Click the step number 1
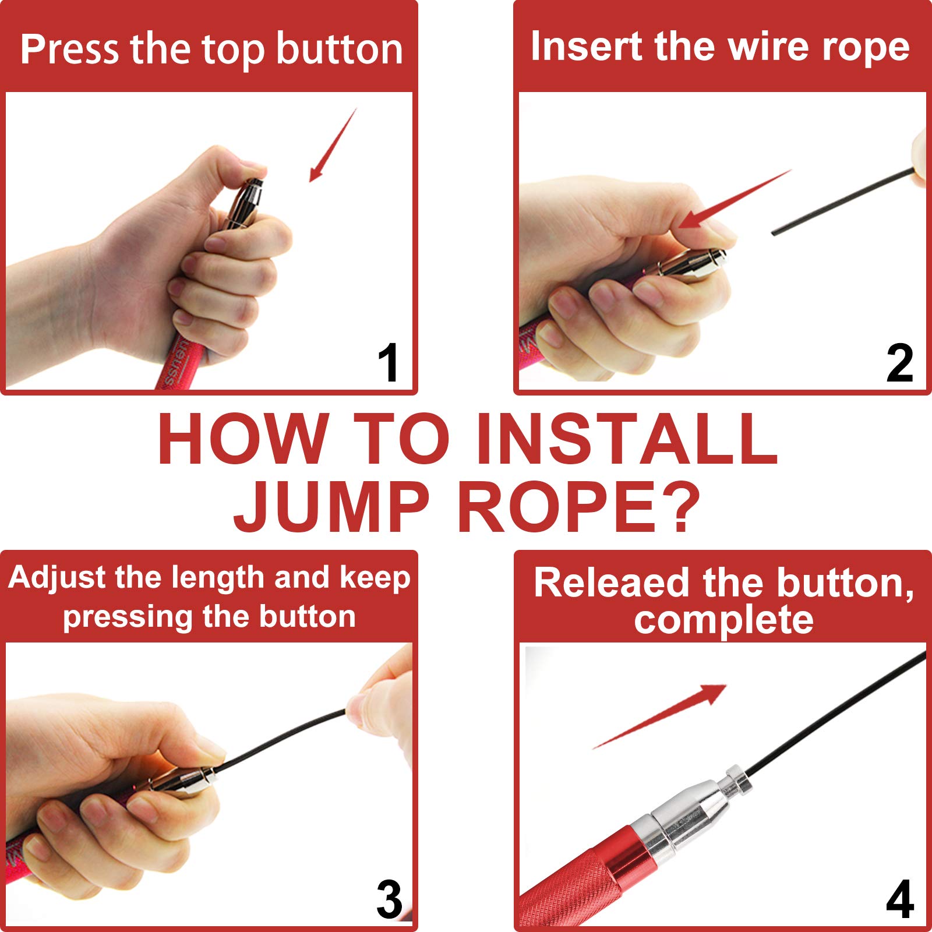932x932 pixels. [x=389, y=362]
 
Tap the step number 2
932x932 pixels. [x=900, y=363]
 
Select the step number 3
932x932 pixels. [x=389, y=900]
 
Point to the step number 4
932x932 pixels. [x=900, y=900]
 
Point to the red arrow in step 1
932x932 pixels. [x=333, y=145]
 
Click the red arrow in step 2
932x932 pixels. [x=735, y=199]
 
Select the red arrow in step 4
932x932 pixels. [x=659, y=716]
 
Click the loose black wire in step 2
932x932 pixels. [x=843, y=201]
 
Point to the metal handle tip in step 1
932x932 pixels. [x=246, y=204]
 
